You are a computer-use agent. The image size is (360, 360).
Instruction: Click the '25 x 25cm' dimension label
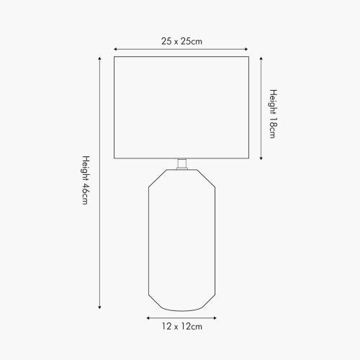pos(181,41)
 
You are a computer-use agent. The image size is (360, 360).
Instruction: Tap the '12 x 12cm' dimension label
pos(181,326)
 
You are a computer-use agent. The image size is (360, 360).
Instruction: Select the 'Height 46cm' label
pos(86,180)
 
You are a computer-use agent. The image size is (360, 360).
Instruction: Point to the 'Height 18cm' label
pos(273,114)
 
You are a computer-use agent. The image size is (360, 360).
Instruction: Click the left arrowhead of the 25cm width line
pos(115,49)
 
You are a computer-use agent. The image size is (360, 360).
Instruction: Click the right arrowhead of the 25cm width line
pos(246,49)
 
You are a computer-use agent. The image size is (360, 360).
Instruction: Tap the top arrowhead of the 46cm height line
pos(99,58)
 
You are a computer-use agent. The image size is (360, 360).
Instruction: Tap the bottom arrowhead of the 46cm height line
pos(99,307)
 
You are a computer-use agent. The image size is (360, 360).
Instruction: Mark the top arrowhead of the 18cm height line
pos(261,58)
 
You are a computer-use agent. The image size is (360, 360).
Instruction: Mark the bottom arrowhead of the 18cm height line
pos(261,158)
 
